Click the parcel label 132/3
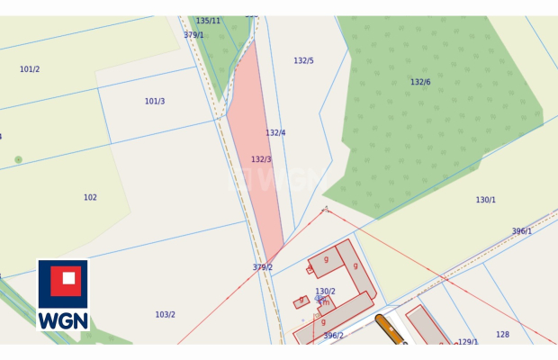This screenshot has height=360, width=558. (261, 159)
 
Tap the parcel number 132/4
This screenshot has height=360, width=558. (275, 132)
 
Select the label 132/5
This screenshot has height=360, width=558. (303, 60)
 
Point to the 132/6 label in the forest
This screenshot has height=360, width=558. (420, 82)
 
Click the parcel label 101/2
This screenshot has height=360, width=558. (30, 69)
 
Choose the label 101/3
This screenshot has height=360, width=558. (155, 102)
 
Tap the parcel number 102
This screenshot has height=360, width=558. (90, 197)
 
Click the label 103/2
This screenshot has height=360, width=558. (165, 314)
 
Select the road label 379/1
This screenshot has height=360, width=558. (193, 35)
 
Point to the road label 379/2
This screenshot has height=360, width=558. (262, 267)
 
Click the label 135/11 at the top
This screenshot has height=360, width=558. (208, 21)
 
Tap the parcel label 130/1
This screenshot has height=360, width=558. (485, 200)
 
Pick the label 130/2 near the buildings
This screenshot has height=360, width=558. (325, 292)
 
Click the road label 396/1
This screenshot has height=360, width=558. (522, 231)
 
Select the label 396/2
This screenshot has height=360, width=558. (333, 336)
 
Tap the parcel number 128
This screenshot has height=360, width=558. (502, 334)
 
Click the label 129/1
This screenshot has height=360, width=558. (467, 342)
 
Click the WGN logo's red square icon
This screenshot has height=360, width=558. (63, 282)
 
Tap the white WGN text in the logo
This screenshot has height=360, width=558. (63, 319)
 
